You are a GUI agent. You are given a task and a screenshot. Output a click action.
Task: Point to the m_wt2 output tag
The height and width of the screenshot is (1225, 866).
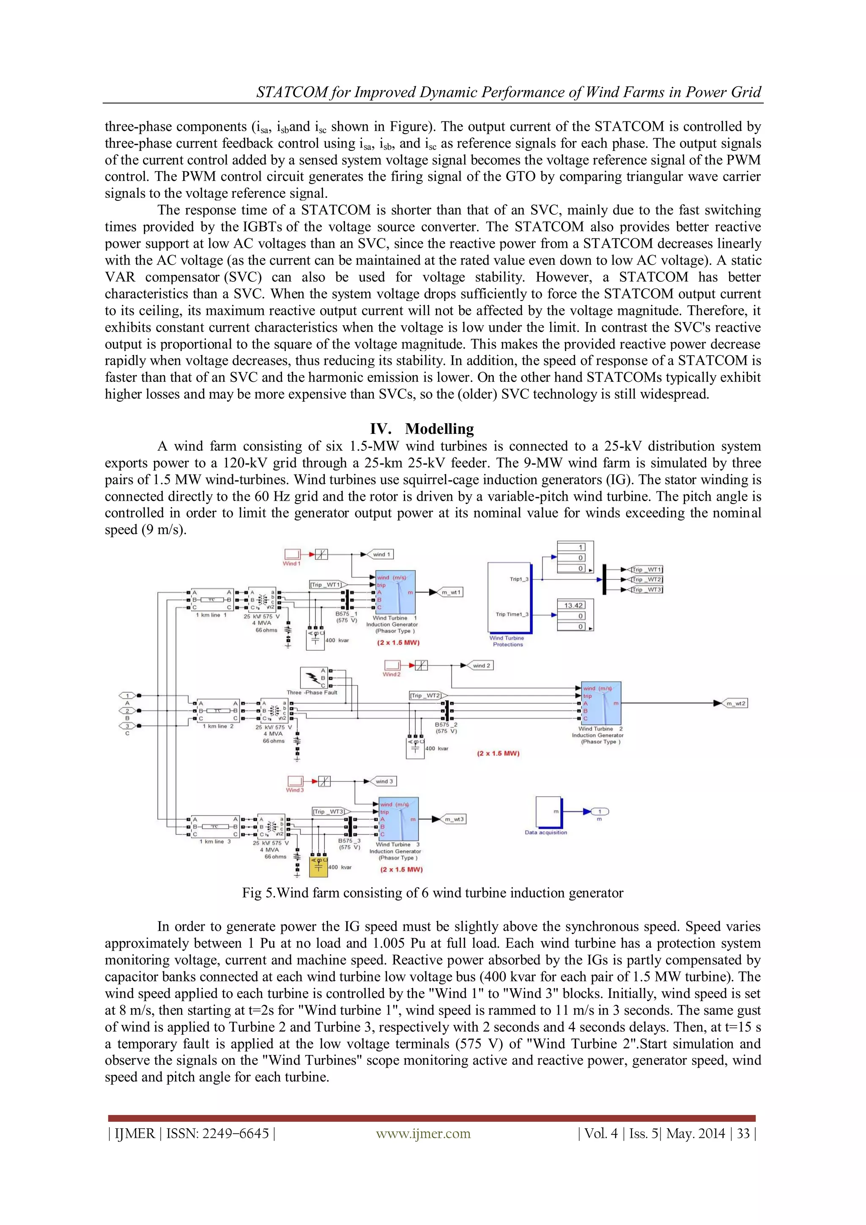click(x=736, y=703)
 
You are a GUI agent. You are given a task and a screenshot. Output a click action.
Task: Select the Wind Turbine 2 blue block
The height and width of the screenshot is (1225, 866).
click(x=601, y=703)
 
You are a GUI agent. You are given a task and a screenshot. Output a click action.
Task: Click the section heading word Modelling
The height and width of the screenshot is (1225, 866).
click(x=439, y=428)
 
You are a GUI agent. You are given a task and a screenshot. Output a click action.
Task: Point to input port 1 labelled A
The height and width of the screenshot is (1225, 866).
click(x=127, y=695)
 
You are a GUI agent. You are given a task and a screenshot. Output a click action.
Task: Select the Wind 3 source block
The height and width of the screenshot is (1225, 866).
click(x=295, y=781)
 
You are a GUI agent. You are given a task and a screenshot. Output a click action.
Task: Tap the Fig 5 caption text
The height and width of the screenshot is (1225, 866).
click(x=432, y=893)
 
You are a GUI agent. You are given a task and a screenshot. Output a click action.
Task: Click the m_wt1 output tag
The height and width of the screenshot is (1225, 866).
click(x=451, y=592)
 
